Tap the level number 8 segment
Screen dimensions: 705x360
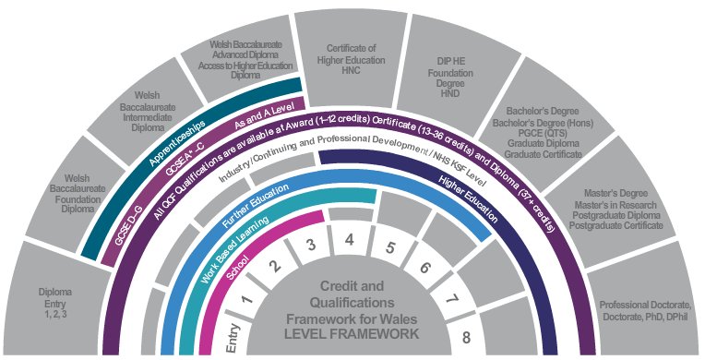(x=467, y=337)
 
